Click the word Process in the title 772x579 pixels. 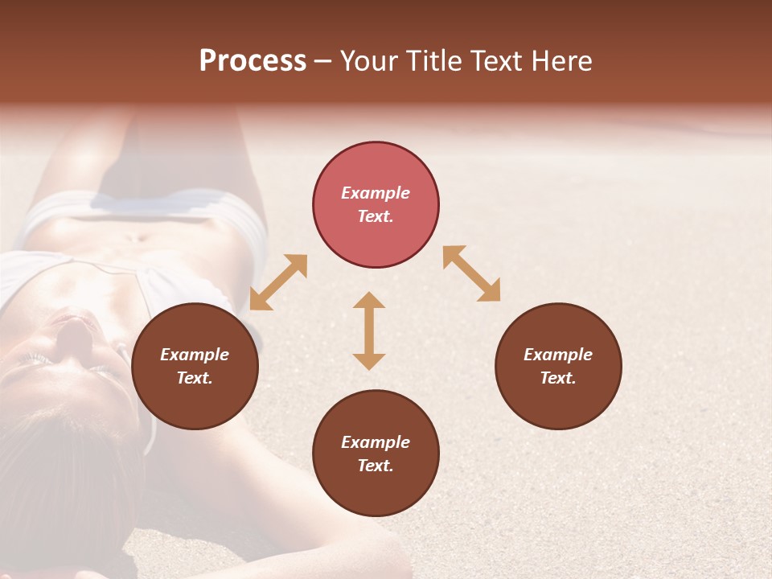pyautogui.click(x=253, y=61)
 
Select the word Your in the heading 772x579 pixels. pyautogui.click(x=368, y=61)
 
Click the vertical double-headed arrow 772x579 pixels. pyautogui.click(x=369, y=331)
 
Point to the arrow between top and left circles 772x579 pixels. pyautogui.click(x=278, y=282)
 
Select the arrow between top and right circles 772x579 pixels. pyautogui.click(x=471, y=273)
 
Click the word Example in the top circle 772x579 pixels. pyautogui.click(x=376, y=193)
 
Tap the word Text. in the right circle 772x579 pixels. pyautogui.click(x=558, y=378)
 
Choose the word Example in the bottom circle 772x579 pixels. pyautogui.click(x=376, y=442)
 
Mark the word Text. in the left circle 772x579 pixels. pyautogui.click(x=195, y=378)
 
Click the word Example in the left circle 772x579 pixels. pyautogui.click(x=195, y=355)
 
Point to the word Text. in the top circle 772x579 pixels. pyautogui.click(x=376, y=216)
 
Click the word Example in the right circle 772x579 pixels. pyautogui.click(x=558, y=355)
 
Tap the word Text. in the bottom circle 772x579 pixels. pyautogui.click(x=376, y=466)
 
